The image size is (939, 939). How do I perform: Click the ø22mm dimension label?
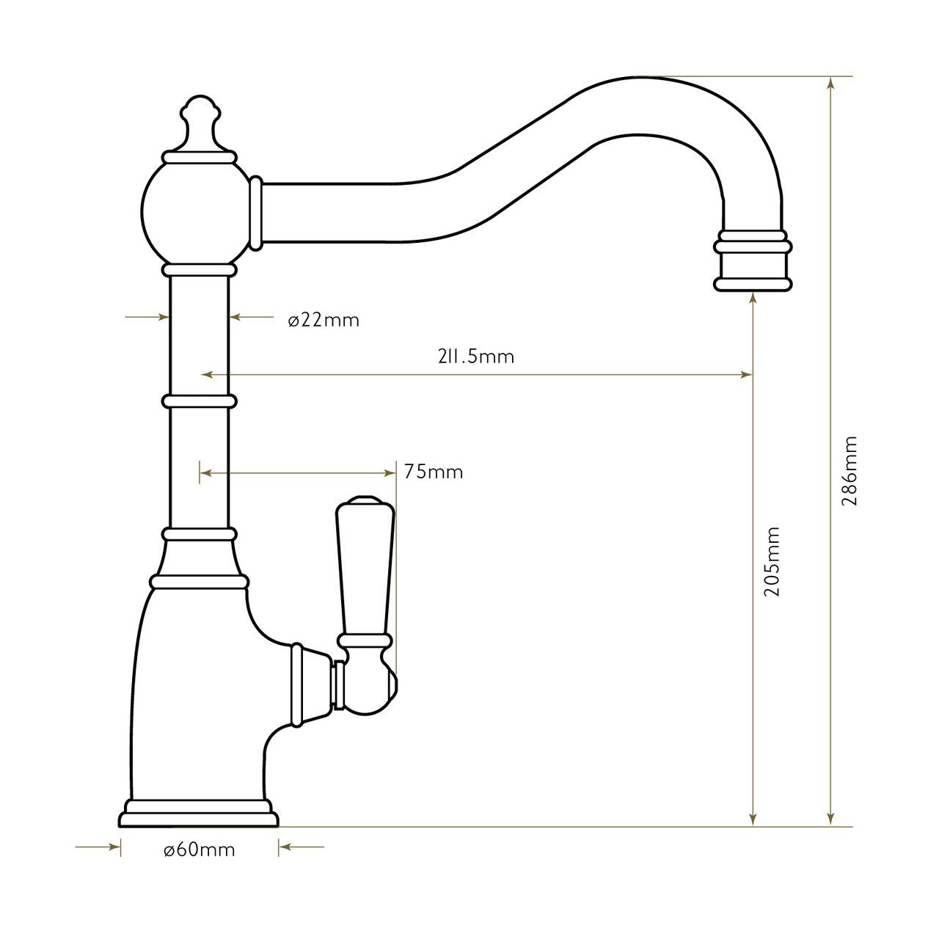click(324, 321)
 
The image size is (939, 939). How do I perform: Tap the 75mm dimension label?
click(434, 472)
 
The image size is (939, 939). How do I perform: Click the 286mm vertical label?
click(850, 471)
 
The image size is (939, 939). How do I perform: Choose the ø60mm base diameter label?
click(200, 850)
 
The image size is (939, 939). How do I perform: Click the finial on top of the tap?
click(200, 125)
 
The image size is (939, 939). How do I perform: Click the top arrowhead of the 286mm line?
click(830, 82)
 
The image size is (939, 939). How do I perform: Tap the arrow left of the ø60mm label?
click(114, 847)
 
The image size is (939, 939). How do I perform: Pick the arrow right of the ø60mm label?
click(285, 847)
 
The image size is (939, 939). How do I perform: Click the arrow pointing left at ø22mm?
click(236, 317)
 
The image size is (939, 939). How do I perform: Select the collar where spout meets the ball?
click(255, 213)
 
